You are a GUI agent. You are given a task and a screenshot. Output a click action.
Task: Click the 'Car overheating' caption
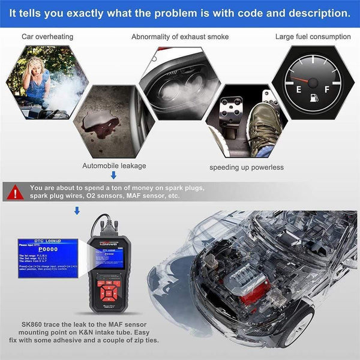pos(47,37)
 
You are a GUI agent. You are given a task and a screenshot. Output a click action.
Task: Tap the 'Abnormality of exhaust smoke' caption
pos(180,37)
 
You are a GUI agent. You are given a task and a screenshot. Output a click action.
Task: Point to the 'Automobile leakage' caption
pos(113,166)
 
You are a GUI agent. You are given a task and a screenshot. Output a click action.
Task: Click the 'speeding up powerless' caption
pos(247,167)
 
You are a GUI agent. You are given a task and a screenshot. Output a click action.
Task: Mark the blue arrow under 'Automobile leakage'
pos(113,175)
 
